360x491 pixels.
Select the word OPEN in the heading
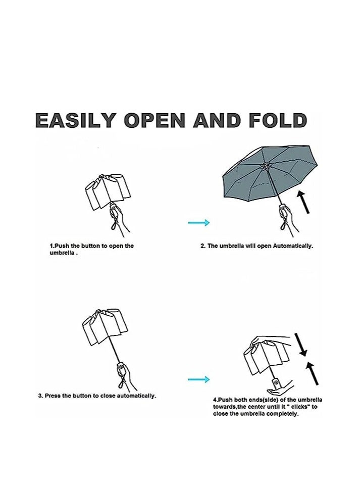155,121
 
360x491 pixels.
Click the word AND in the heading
215,121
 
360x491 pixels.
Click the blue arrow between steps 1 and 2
198,222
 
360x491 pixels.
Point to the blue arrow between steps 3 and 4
198,379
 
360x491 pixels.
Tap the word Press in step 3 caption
54,396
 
